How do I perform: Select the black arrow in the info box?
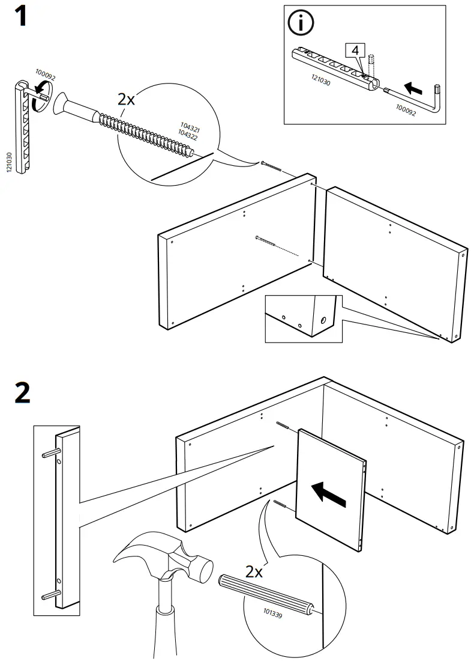tap(413, 88)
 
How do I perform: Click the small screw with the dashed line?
tap(267, 240)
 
